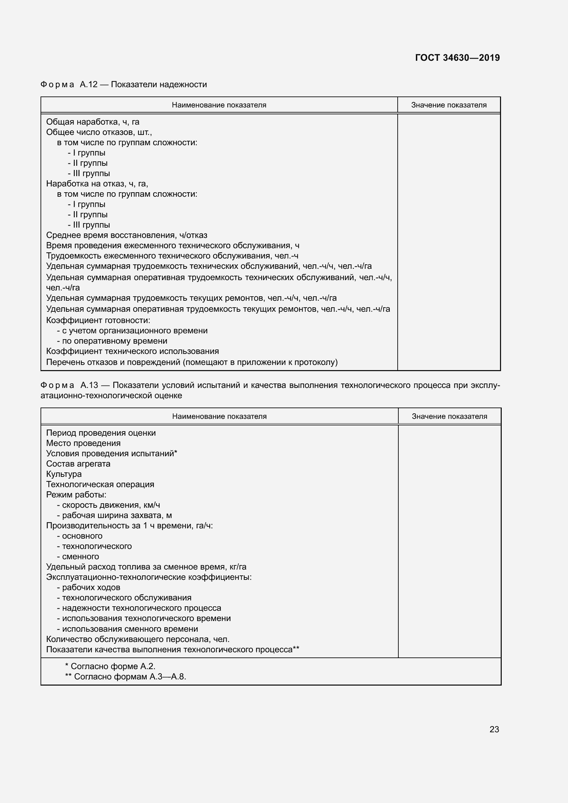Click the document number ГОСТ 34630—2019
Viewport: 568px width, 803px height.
click(x=457, y=58)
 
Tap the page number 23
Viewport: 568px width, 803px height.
click(x=494, y=729)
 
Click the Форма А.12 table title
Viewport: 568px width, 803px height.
click(x=124, y=84)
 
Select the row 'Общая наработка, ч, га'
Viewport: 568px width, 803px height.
click(x=93, y=122)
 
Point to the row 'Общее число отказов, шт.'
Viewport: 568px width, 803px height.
click(x=99, y=132)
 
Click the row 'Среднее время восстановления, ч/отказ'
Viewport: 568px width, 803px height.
click(x=127, y=235)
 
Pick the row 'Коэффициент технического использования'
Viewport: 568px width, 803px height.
click(x=133, y=351)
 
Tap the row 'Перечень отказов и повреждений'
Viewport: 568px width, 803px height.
click(x=192, y=362)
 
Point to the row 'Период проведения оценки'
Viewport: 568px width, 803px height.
click(x=101, y=433)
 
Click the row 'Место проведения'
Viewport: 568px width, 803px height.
click(x=83, y=443)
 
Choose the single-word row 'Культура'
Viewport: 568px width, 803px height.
click(x=64, y=474)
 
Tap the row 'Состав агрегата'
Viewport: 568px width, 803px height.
click(x=78, y=464)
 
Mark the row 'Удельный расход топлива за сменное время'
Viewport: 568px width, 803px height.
click(x=146, y=566)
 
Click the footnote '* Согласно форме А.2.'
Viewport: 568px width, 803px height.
click(x=110, y=666)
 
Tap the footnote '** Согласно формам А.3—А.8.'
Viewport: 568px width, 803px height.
click(x=126, y=676)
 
